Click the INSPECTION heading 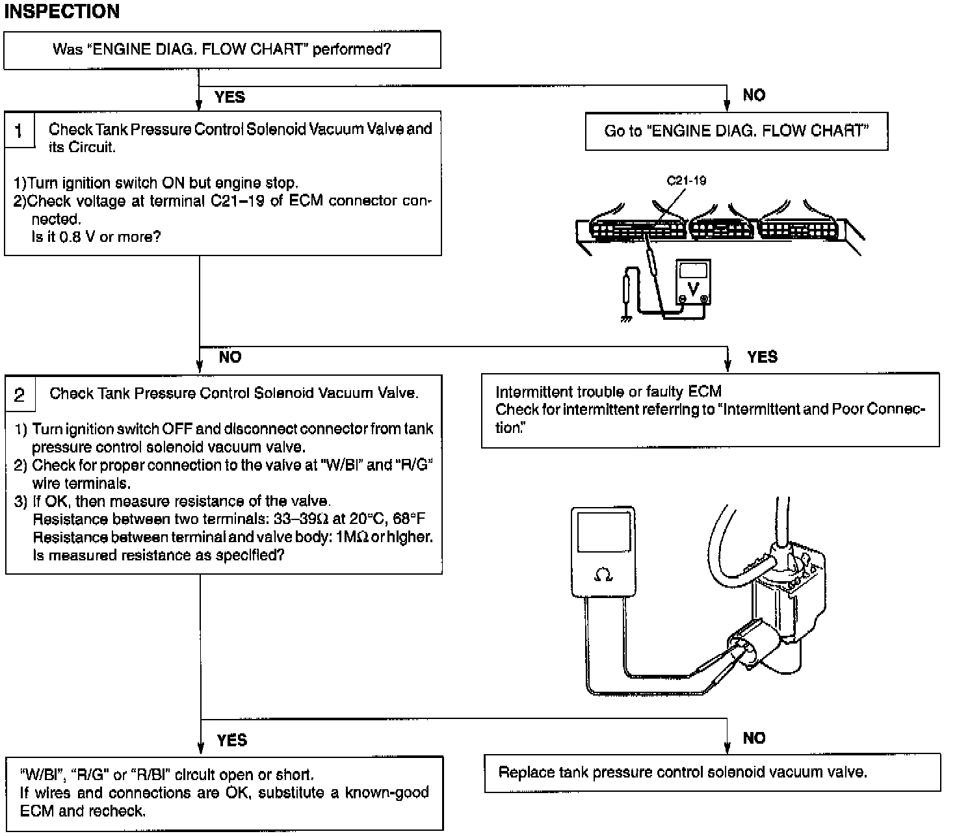click(x=62, y=12)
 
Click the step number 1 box click(x=19, y=131)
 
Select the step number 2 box click(x=20, y=395)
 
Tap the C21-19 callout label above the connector click(x=686, y=181)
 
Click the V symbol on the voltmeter click(x=693, y=288)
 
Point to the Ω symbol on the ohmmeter click(x=603, y=575)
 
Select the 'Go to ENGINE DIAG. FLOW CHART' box click(x=736, y=131)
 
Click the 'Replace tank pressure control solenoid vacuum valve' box click(x=712, y=773)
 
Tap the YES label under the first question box click(x=229, y=98)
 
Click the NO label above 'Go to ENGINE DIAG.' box click(x=754, y=96)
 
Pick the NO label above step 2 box click(x=230, y=357)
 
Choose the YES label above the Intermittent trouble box click(x=762, y=357)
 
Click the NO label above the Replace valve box click(x=754, y=738)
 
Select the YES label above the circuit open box click(x=231, y=740)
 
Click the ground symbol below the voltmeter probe click(x=626, y=319)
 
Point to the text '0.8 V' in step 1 click(x=77, y=237)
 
